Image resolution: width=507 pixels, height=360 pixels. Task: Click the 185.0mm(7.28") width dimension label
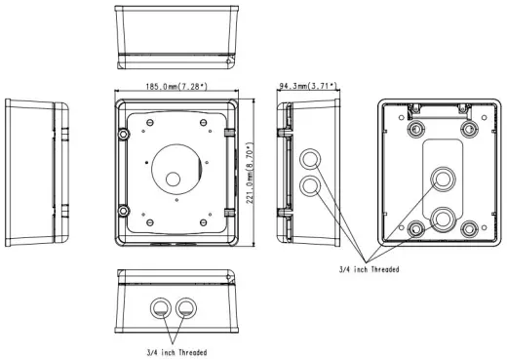176,87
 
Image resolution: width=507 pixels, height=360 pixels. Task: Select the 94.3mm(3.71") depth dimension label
308,86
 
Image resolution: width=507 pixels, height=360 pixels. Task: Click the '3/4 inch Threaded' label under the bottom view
176,352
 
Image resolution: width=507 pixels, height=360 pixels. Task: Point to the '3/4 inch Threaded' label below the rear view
370,269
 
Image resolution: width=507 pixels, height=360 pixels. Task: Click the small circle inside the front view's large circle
173,180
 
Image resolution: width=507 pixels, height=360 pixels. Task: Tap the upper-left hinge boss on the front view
124,134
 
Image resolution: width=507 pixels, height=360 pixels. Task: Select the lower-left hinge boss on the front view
124,211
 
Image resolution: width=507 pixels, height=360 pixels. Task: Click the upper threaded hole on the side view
310,159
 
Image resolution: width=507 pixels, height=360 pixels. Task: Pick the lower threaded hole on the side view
310,186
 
